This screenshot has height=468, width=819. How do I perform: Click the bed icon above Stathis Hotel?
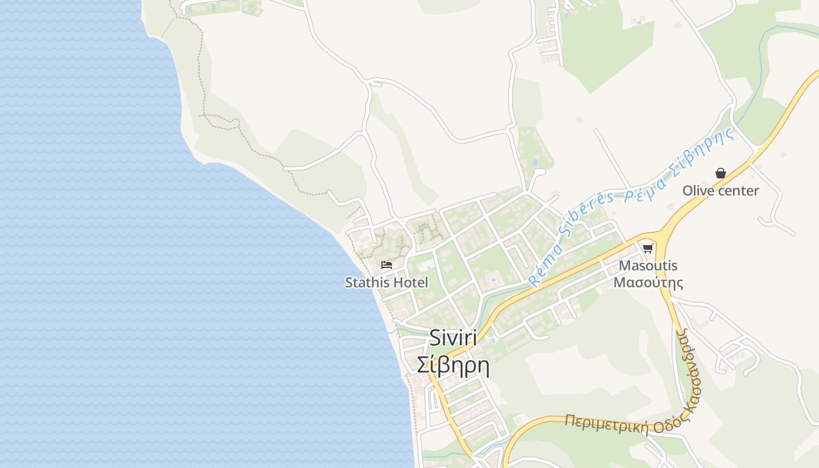point(386,265)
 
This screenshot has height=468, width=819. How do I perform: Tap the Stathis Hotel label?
point(386,283)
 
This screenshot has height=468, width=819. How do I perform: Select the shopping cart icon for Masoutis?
point(648,249)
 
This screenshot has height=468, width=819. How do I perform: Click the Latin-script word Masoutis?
point(648,266)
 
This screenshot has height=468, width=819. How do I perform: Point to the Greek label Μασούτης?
point(648,283)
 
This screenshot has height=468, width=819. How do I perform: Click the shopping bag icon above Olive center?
point(721,173)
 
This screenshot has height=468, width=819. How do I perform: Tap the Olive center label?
point(721,191)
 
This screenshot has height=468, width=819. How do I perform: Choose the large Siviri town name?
point(453,338)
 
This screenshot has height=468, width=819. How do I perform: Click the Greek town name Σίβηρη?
point(453,365)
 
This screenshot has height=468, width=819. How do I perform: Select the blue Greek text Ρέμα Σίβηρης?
point(679,166)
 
